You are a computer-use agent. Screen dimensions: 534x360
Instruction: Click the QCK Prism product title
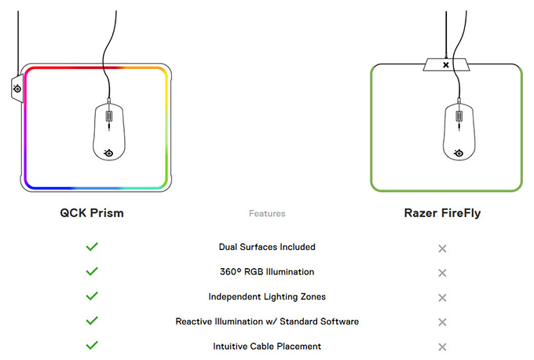click(x=92, y=213)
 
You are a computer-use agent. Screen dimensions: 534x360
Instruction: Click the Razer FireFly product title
click(x=442, y=214)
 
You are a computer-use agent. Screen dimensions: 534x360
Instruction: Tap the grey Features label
click(x=267, y=214)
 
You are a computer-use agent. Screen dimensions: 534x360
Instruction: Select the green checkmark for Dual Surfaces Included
click(x=92, y=247)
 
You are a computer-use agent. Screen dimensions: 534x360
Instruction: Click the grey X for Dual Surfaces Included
click(x=442, y=248)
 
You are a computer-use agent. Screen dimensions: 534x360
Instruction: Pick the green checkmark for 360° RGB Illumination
click(x=92, y=271)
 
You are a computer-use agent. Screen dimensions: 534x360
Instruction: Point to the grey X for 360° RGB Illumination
click(x=442, y=273)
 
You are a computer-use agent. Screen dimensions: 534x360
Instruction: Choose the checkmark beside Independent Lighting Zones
click(x=92, y=296)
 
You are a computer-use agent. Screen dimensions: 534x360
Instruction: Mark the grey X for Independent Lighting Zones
click(x=442, y=298)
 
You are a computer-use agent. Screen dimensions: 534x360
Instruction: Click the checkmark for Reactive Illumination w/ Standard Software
click(x=92, y=321)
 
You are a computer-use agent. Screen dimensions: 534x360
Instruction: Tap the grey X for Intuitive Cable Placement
click(x=442, y=347)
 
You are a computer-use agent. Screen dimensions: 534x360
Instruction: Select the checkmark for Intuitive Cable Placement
click(x=92, y=345)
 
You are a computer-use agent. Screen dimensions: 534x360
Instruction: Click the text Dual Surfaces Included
click(x=267, y=247)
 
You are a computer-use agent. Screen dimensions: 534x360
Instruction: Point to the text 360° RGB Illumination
click(x=267, y=272)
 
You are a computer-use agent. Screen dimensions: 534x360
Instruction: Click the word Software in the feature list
click(x=338, y=321)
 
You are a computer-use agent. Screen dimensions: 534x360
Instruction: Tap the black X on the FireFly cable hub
click(x=446, y=64)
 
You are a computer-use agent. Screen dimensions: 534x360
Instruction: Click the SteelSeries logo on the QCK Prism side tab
click(x=17, y=89)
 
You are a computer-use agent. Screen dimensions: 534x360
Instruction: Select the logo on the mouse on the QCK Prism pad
click(x=108, y=153)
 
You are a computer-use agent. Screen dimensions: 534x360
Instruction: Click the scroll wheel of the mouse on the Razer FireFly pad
click(x=459, y=116)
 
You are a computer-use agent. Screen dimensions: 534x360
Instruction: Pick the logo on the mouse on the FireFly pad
click(x=459, y=153)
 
